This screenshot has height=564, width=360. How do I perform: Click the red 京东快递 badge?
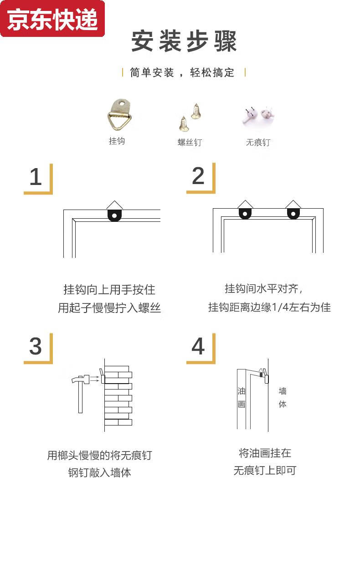tap(52, 19)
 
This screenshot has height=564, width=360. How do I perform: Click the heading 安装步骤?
tap(184, 41)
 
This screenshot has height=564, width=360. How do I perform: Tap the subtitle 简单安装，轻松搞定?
tap(182, 72)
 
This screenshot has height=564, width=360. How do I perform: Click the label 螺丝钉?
tap(190, 142)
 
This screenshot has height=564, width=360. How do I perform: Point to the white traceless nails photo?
tap(258, 115)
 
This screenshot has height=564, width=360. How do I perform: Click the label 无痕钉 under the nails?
tap(258, 142)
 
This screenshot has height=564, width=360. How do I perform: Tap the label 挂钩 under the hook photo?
tap(117, 141)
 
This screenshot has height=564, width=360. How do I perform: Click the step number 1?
tap(36, 177)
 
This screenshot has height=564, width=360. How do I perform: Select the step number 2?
tap(198, 176)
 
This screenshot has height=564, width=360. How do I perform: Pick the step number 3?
tap(35, 346)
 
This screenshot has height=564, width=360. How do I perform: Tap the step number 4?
tap(198, 346)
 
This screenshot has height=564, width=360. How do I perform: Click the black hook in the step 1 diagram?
tap(114, 215)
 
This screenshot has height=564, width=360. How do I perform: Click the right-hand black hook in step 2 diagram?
tap(293, 214)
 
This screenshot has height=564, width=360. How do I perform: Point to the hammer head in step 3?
tap(81, 379)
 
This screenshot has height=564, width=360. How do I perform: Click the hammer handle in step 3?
tap(80, 398)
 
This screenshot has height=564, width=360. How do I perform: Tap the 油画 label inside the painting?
tap(242, 398)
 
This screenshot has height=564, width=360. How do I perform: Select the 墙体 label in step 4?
tap(283, 398)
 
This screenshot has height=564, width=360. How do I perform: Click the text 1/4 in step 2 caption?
tap(280, 307)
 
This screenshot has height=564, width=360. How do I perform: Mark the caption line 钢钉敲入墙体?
tap(99, 472)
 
